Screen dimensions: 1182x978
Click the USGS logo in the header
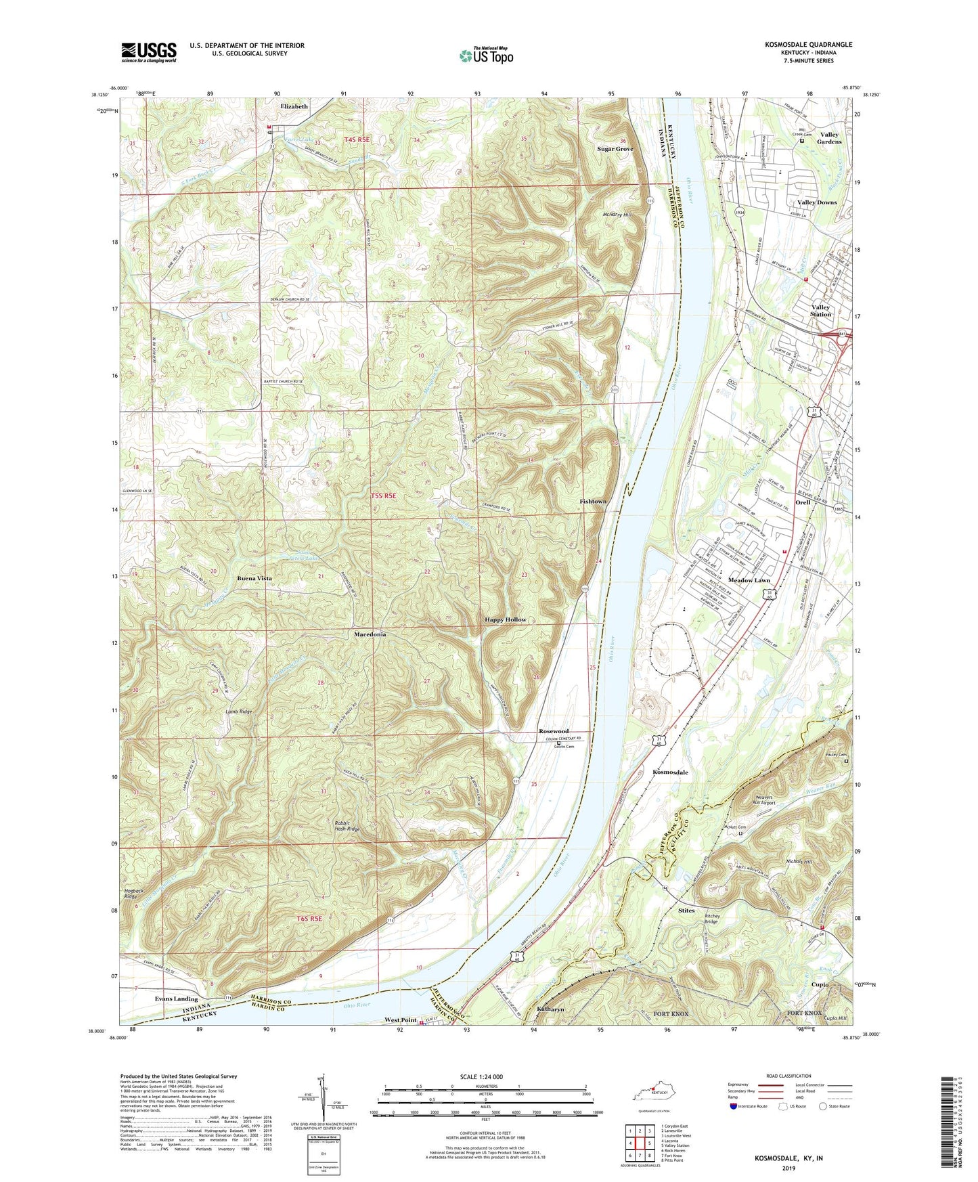click(x=149, y=51)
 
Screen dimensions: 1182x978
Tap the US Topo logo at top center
click(x=486, y=56)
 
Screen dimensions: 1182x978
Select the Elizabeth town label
click(x=294, y=106)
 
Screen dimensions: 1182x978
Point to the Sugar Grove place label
click(x=615, y=148)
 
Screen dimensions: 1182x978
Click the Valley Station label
click(x=821, y=311)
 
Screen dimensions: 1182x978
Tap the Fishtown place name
click(x=593, y=501)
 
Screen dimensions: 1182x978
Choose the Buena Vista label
click(x=254, y=578)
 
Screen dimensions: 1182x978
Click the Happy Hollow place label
click(x=505, y=619)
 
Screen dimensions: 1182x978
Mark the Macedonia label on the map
click(x=370, y=634)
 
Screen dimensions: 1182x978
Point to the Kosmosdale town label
click(x=670, y=772)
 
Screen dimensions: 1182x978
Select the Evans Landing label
click(x=176, y=999)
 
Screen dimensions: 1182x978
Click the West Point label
click(x=401, y=1020)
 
